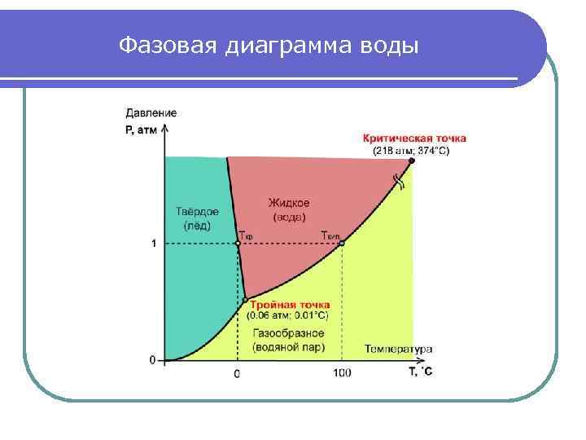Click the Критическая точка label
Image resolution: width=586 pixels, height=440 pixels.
(414, 139)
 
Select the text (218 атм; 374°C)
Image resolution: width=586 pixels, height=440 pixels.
(410, 151)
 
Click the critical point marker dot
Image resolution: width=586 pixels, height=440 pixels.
(411, 161)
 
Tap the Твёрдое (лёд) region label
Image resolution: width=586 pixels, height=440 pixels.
(196, 218)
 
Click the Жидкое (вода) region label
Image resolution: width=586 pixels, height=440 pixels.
(288, 209)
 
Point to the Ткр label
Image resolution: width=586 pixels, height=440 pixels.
(247, 237)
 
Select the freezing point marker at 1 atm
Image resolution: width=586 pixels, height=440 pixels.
(238, 243)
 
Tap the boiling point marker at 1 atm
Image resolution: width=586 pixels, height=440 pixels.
(342, 243)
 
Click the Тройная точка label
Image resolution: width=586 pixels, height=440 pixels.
(290, 305)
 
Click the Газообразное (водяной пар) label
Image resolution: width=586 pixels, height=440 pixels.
(288, 340)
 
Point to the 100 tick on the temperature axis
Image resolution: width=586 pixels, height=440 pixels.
(342, 373)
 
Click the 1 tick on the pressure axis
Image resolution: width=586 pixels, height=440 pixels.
(153, 244)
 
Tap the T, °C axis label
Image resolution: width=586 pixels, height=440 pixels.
(420, 372)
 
